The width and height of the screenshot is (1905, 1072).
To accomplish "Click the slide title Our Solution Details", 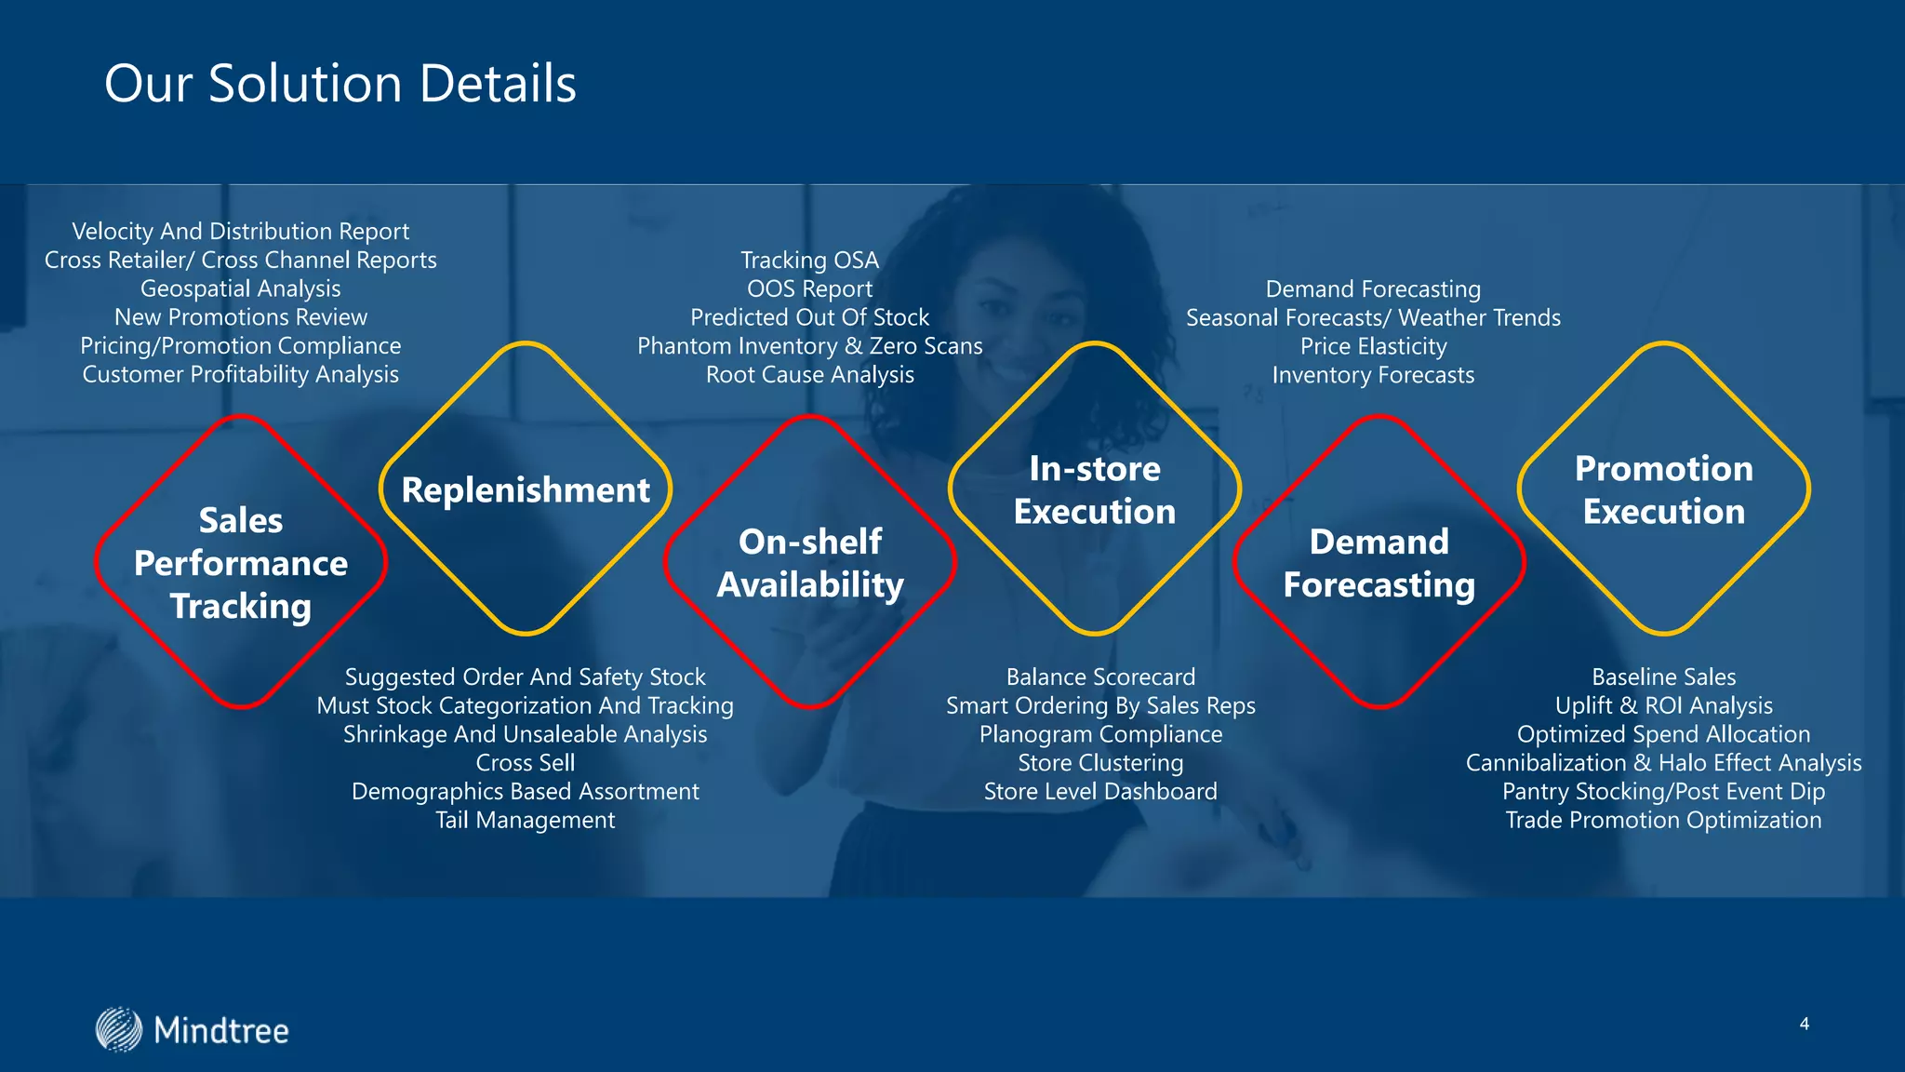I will point(340,84).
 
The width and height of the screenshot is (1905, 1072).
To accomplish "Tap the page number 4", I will point(1804,1024).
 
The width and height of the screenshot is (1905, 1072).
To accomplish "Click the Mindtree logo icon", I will point(119,1029).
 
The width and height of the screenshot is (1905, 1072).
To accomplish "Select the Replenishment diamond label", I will point(526,490).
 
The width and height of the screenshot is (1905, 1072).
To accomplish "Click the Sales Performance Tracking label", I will point(241,563).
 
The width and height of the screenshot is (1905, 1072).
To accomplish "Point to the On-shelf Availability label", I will point(810,563).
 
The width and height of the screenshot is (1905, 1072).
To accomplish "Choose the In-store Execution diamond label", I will point(1095,490).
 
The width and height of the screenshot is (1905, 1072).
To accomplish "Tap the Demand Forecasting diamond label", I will point(1379,563).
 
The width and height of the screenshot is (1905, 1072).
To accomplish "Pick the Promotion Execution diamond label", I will point(1664,490).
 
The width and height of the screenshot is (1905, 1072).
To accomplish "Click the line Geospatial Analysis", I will point(241,288).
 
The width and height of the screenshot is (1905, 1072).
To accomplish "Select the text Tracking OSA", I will point(810,260).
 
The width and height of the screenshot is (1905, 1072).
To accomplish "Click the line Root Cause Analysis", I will point(810,374).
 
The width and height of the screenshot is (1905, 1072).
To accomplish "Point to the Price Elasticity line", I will point(1374,346).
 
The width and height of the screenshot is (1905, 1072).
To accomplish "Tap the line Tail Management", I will point(526,820).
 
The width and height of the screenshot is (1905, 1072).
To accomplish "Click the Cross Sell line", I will point(526,762).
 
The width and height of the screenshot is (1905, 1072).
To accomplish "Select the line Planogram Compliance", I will point(1100,734).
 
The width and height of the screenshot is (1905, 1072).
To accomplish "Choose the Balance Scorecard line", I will point(1100,677).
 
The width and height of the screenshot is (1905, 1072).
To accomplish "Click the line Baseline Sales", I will point(1664,677).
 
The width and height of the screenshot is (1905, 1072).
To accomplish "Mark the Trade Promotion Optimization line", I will point(1664,820).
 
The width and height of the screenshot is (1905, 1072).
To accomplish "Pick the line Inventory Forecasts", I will point(1374,375).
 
